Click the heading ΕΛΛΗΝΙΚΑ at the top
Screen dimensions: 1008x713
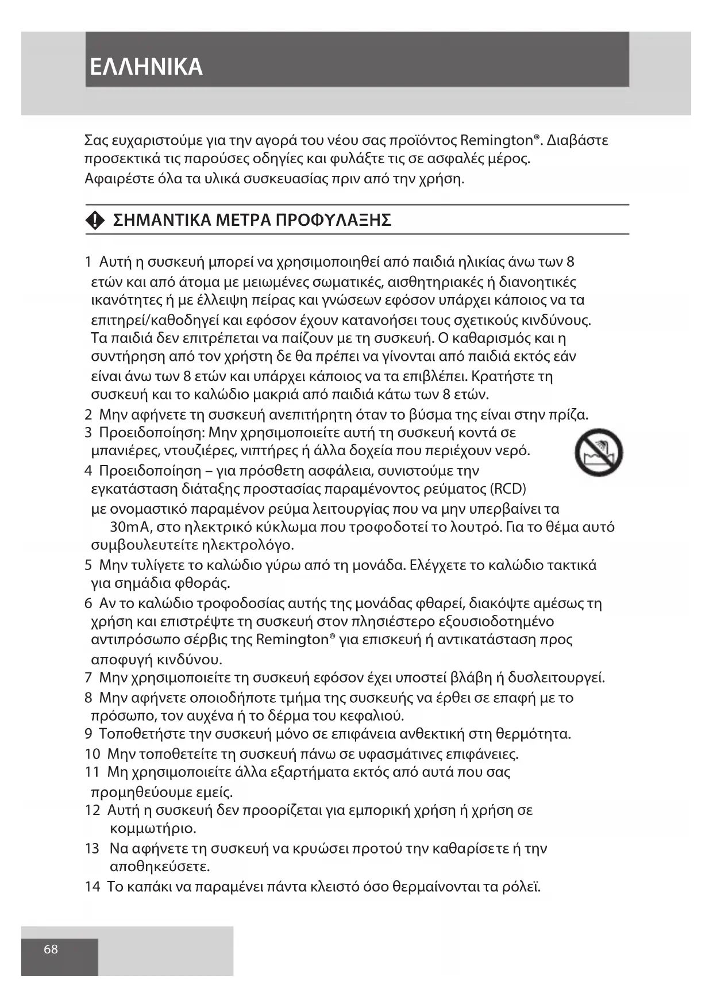point(147,67)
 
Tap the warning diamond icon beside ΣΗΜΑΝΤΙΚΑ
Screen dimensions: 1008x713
point(95,220)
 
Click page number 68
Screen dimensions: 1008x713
point(51,949)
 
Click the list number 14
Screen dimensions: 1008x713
point(92,886)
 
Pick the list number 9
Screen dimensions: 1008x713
point(88,734)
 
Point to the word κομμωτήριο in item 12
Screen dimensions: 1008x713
point(153,829)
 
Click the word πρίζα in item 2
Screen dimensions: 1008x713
point(569,414)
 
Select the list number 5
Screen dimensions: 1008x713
point(88,565)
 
